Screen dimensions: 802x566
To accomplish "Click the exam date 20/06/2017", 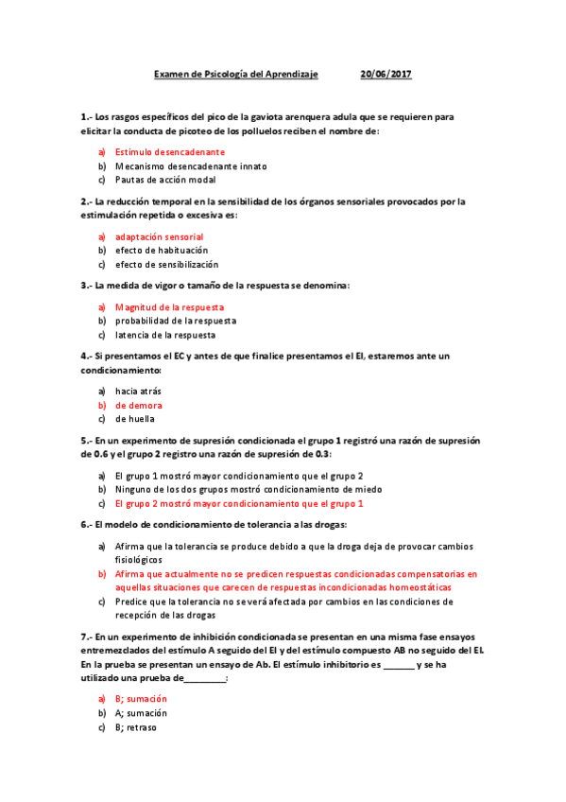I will point(386,74).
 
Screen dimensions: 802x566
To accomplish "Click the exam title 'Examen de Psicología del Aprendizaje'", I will point(236,74).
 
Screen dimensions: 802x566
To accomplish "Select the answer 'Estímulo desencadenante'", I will point(170,151).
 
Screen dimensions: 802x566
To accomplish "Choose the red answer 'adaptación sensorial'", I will point(159,236).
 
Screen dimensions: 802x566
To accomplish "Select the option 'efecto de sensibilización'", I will point(166,265).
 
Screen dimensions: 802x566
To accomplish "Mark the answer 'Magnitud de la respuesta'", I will point(169,307).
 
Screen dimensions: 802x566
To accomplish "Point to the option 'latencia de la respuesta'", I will point(165,335).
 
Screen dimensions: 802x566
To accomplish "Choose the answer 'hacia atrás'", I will point(138,391).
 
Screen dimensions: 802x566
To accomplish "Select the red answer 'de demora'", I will point(139,405).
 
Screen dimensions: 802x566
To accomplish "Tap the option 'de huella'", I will point(135,419).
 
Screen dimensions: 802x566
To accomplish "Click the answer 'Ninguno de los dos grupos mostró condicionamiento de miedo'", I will point(249,490).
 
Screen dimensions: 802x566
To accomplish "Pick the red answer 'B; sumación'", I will point(141,698).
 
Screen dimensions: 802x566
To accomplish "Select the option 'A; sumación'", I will point(141,712).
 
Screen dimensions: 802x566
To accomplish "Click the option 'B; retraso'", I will point(136,727).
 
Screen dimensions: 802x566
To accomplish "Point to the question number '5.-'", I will point(86,441).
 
